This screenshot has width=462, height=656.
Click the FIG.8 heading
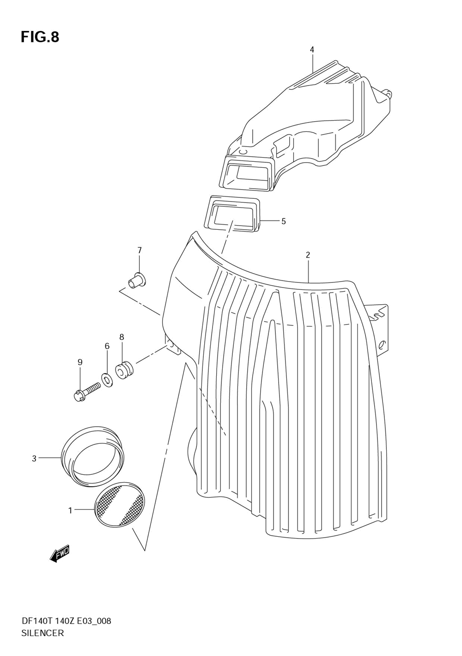40,37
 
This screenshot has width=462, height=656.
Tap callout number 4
312,49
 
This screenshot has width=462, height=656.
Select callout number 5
283,221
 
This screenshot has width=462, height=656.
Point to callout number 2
308,255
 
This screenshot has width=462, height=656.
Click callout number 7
139,250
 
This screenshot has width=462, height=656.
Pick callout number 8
122,337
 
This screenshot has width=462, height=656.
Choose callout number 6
107,346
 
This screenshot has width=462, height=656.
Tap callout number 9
80,362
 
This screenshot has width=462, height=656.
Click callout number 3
34,459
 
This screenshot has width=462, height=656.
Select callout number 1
70,510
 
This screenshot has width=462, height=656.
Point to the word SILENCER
43,633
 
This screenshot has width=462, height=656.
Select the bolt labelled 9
87,391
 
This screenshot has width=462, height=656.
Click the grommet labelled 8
124,370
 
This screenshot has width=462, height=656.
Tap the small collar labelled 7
137,280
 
